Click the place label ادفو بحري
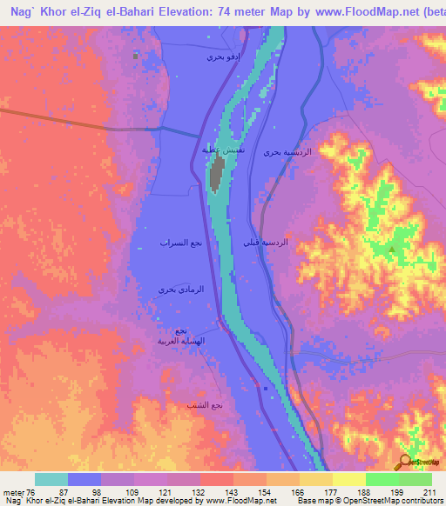pyautogui.click(x=221, y=57)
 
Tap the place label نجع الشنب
pyautogui.click(x=205, y=405)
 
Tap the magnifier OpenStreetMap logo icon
pyautogui.click(x=404, y=462)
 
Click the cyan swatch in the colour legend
pyautogui.click(x=51, y=479)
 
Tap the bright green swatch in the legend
pyautogui.click(x=382, y=479)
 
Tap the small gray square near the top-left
pyautogui.click(x=135, y=55)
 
